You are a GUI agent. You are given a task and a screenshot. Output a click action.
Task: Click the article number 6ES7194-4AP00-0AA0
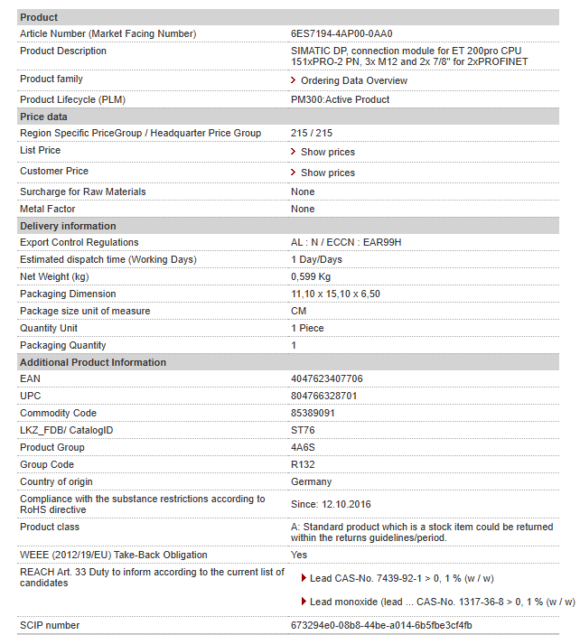point(341,33)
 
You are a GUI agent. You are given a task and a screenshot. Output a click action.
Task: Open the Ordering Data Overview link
point(353,80)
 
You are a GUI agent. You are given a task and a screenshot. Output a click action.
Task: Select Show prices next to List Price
point(327,152)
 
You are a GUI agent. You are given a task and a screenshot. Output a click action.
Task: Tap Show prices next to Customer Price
point(327,173)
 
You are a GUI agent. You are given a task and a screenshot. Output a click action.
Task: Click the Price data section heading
point(43,117)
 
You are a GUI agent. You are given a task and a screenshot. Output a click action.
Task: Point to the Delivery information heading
point(68,226)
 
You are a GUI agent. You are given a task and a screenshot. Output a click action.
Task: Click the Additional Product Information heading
point(93,362)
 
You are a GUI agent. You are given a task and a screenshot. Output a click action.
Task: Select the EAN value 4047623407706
point(327,378)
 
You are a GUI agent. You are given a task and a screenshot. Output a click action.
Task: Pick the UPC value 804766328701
point(324,396)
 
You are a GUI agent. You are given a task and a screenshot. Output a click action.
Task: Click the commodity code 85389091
point(313,413)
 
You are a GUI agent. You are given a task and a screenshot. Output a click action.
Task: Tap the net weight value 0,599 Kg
point(311,276)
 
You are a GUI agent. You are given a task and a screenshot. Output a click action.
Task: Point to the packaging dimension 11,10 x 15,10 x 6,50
point(335,294)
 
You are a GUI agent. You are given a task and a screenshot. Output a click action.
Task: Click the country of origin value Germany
point(311,481)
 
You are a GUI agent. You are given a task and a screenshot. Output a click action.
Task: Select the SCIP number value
point(381,625)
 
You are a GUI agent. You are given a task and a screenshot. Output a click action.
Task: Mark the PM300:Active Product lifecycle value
point(340,99)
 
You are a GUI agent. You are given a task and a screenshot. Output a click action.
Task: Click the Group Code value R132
point(303,464)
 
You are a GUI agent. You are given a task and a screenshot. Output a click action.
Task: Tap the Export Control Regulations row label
point(80,242)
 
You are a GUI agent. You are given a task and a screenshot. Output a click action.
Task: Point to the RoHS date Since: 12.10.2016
point(331,504)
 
